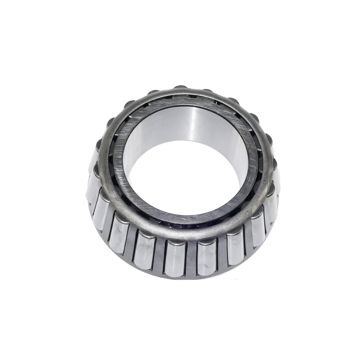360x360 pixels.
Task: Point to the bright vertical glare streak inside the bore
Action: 196,126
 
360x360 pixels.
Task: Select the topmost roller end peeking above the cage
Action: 180,88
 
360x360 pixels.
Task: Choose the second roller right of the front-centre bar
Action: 235,248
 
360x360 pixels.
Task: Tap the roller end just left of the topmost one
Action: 153,93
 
